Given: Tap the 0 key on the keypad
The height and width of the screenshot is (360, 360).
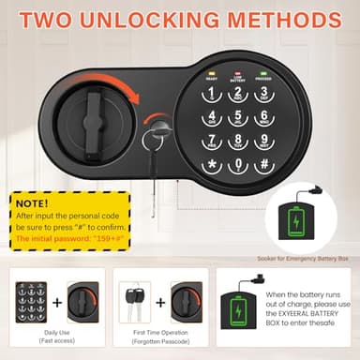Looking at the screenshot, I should tap(239, 166).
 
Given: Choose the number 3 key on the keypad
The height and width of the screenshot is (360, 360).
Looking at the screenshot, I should tap(265, 95).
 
